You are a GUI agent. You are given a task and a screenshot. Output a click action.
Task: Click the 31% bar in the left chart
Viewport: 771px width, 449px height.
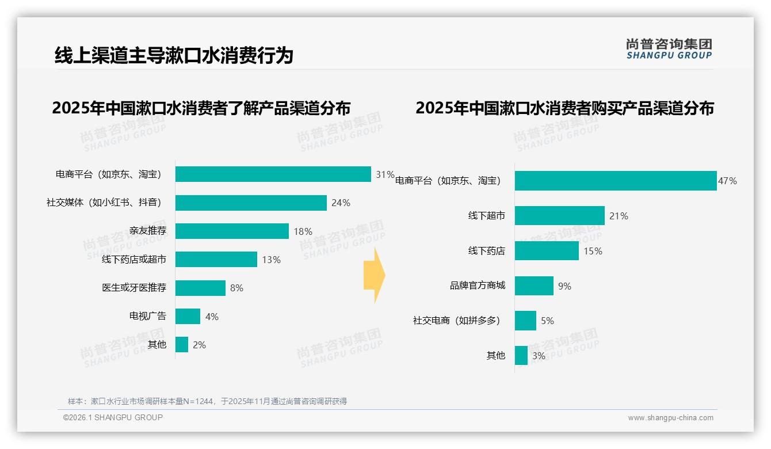(x=273, y=174)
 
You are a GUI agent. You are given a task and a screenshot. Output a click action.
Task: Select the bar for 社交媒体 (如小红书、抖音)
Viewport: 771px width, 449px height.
(x=251, y=203)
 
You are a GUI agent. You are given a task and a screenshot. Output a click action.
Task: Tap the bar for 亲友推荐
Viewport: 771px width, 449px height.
(x=232, y=231)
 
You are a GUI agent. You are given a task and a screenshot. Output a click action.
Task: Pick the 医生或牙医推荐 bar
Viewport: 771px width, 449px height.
(x=200, y=288)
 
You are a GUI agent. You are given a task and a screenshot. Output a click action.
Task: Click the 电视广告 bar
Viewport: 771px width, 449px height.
(x=188, y=317)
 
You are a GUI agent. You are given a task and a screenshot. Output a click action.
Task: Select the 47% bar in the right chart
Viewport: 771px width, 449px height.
(x=616, y=181)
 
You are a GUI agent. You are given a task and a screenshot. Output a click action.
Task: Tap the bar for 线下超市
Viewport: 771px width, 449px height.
(x=559, y=216)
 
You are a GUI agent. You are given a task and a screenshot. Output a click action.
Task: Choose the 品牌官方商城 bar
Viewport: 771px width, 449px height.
(x=534, y=286)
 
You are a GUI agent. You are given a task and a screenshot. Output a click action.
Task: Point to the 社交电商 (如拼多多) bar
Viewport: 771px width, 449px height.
(x=525, y=321)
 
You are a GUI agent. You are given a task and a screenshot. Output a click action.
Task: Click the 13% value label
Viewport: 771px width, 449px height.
(x=271, y=260)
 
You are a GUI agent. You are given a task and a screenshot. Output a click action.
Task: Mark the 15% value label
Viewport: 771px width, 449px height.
(x=593, y=251)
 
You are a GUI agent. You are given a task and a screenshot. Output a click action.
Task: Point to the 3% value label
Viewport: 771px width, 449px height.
(x=539, y=356)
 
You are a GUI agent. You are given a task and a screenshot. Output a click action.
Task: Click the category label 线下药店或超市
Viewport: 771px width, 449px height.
(x=134, y=260)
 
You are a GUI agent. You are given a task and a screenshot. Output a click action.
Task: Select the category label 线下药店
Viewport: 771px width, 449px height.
(x=487, y=251)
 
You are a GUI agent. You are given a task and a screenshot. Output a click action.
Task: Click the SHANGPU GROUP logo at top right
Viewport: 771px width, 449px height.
(x=669, y=49)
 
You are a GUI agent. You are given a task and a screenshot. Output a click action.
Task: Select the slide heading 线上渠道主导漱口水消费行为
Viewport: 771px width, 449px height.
(x=174, y=55)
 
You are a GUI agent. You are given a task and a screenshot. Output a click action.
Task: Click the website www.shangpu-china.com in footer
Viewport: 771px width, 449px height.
(x=670, y=418)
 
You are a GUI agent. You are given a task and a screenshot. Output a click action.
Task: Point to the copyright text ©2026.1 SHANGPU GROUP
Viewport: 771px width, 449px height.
(x=113, y=417)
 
